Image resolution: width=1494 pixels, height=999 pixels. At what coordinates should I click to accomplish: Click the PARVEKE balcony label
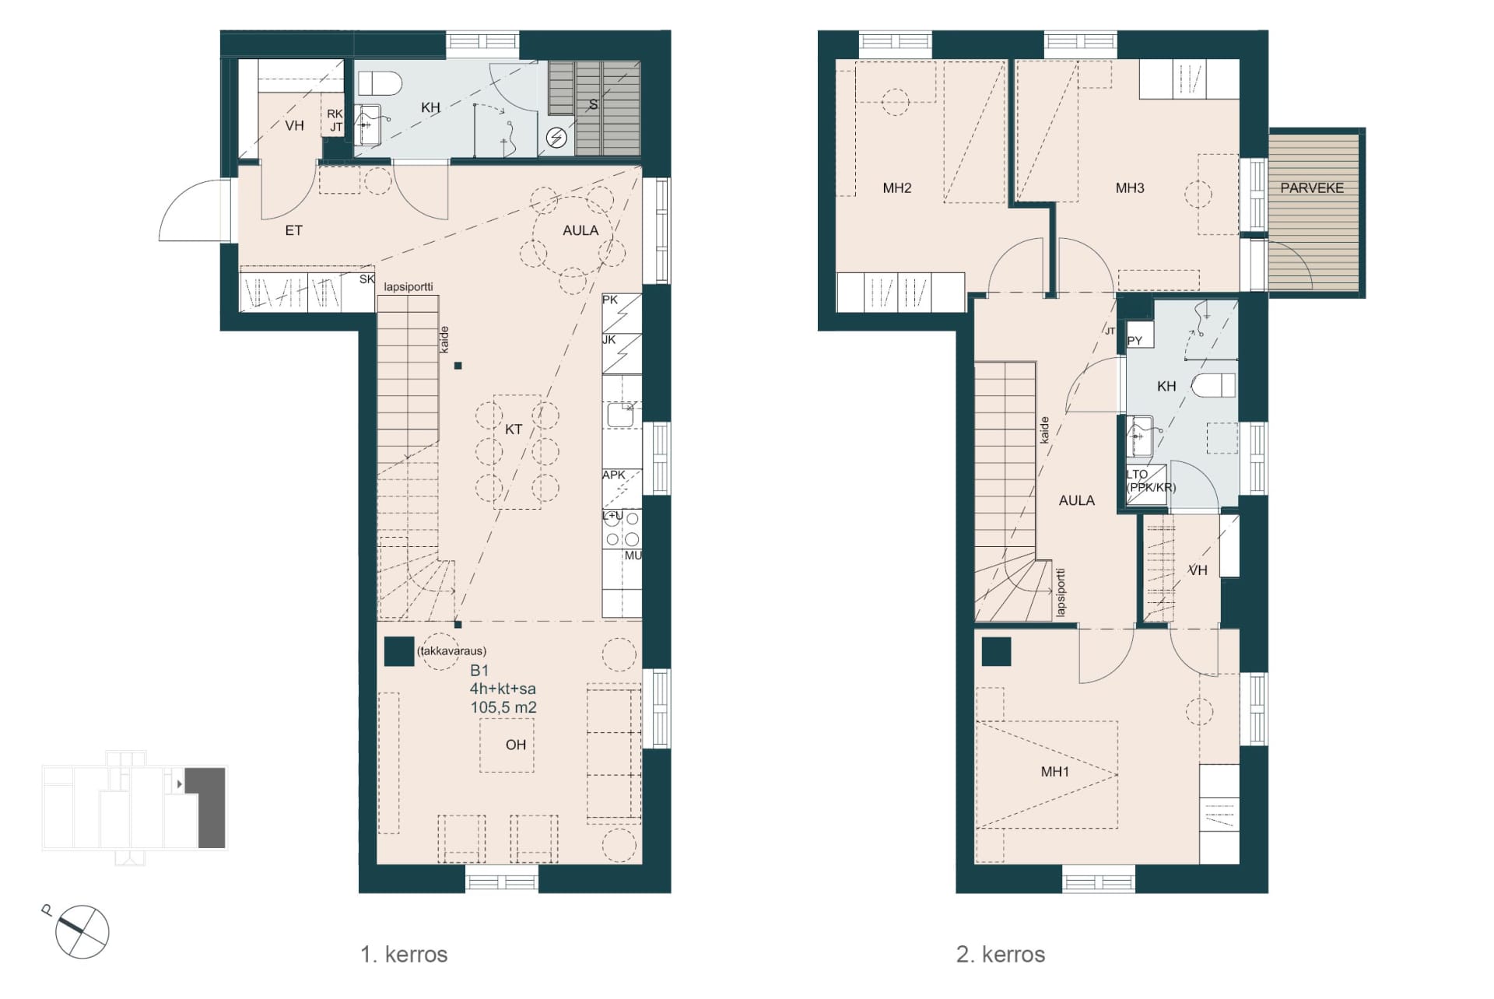click(1312, 188)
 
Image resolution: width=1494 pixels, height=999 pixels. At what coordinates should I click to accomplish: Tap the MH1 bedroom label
click(1055, 772)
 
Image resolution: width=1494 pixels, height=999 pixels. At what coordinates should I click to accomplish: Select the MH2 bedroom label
click(897, 188)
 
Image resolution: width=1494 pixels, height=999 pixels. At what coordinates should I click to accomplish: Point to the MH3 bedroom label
click(1130, 188)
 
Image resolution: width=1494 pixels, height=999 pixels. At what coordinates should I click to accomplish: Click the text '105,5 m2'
click(503, 707)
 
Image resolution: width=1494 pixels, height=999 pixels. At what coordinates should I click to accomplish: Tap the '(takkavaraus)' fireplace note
click(451, 651)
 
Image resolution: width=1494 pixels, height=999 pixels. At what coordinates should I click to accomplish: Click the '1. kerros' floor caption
click(404, 955)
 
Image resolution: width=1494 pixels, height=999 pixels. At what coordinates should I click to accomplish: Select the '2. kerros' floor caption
click(1001, 955)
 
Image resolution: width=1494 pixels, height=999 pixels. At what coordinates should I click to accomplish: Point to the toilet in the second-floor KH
click(1215, 386)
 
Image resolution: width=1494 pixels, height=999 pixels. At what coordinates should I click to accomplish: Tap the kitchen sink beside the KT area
click(621, 415)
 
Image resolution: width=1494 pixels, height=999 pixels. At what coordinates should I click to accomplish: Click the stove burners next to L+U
click(622, 529)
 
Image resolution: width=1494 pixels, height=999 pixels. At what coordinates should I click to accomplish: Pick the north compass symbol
click(81, 931)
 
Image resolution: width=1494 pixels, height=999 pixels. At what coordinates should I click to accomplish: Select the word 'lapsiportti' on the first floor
click(409, 287)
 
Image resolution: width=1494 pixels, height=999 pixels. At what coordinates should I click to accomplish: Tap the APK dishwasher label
click(614, 475)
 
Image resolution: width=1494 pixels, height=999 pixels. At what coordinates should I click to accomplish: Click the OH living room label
click(516, 745)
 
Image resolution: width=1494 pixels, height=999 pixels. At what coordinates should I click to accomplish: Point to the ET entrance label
click(293, 230)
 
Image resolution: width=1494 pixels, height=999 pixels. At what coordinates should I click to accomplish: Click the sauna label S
click(593, 105)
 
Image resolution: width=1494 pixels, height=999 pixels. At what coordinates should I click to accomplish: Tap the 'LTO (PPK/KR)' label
click(1151, 481)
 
